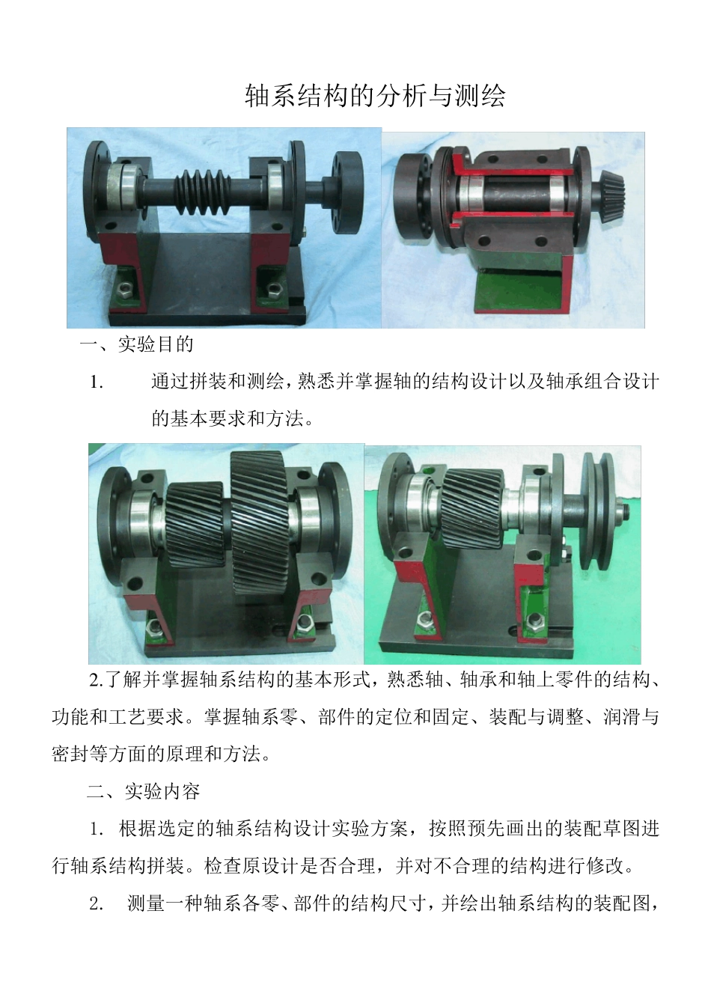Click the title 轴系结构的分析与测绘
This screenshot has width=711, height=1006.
coord(375,96)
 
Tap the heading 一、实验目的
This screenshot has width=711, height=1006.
coord(136,345)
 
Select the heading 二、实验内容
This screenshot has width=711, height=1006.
coord(143,792)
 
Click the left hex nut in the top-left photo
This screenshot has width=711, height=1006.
coord(120,288)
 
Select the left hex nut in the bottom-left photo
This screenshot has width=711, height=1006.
coord(153,625)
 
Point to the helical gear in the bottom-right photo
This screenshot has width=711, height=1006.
coord(472,502)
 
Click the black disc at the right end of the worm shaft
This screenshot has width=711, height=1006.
coord(348,192)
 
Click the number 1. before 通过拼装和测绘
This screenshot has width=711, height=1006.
coord(97,382)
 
